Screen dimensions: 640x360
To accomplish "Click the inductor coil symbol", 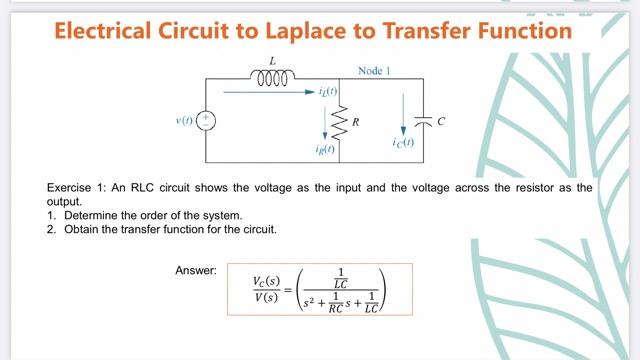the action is [273, 76].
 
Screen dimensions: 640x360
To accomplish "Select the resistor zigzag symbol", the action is [338, 121].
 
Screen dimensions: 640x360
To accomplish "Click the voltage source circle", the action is [206, 120].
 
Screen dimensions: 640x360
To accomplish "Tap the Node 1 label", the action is [375, 72].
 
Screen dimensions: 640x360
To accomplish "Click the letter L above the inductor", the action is [273, 61].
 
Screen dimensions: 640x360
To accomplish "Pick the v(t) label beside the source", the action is [185, 121].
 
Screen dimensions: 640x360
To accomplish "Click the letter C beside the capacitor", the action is [441, 121].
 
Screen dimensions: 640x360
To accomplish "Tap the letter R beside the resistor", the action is [355, 121].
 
